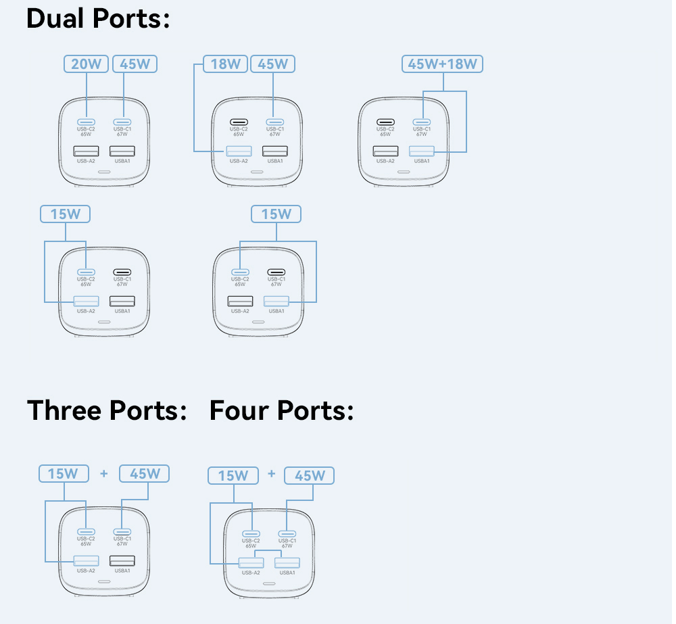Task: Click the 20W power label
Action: (x=87, y=64)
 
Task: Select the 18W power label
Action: (x=226, y=64)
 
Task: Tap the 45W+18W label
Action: (x=443, y=64)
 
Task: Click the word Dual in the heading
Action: (x=56, y=18)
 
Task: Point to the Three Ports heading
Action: (x=107, y=410)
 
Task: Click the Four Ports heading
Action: (x=281, y=410)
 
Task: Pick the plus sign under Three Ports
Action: (x=103, y=473)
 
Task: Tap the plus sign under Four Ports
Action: (x=271, y=473)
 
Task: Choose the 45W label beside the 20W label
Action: (x=135, y=64)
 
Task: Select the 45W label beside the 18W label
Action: (x=273, y=64)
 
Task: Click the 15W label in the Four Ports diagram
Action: (x=233, y=475)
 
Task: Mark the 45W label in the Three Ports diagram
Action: (x=144, y=473)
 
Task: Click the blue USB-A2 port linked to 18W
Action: (x=239, y=151)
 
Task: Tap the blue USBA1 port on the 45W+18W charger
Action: (x=422, y=151)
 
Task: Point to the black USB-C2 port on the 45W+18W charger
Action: (x=385, y=122)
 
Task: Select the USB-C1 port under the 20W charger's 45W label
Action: (x=122, y=122)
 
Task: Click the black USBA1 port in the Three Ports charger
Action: (x=122, y=560)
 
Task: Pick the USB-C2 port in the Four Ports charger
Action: (x=251, y=532)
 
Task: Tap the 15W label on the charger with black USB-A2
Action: (x=276, y=214)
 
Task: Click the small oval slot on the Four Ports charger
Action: (x=269, y=583)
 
